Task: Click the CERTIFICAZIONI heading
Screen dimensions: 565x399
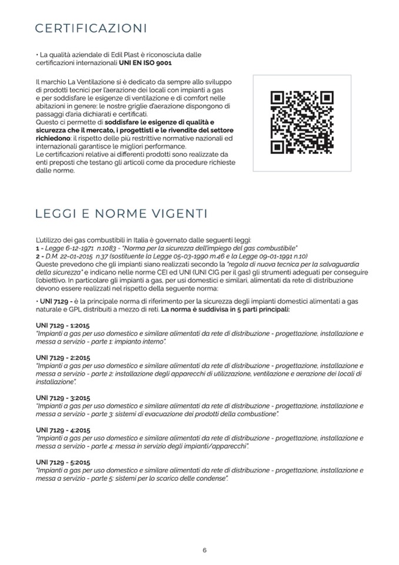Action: tap(91, 29)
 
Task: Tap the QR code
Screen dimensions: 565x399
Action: tap(302, 123)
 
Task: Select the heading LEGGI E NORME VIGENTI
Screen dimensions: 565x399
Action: tap(121, 212)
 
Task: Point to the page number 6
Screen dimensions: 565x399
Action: tap(205, 550)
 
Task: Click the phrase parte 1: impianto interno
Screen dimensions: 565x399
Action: tap(132, 341)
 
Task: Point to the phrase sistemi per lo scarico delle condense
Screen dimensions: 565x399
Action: tap(172, 478)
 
